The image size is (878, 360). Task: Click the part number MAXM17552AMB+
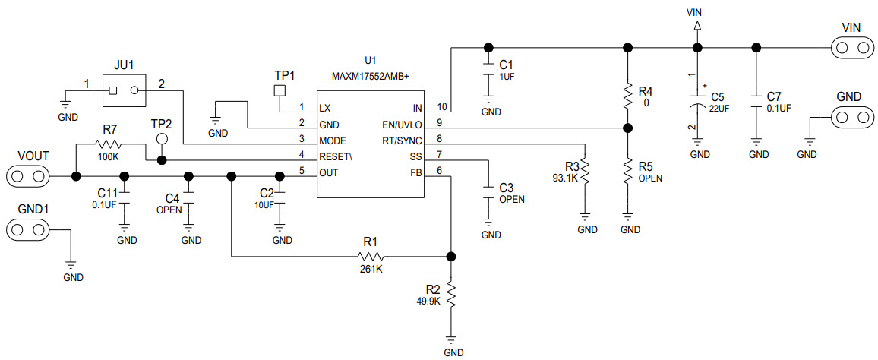(x=370, y=77)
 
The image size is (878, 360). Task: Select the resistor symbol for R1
(x=370, y=256)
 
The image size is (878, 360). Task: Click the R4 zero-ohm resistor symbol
(x=627, y=96)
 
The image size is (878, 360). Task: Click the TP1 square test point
(x=279, y=91)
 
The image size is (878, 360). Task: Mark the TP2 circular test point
(x=161, y=139)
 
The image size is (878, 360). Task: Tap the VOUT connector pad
(x=27, y=177)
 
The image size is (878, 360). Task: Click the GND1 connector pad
(x=27, y=229)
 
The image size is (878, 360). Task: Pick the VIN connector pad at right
(x=851, y=48)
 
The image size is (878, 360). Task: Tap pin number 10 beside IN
(x=443, y=107)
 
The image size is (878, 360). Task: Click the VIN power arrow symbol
(x=696, y=26)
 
